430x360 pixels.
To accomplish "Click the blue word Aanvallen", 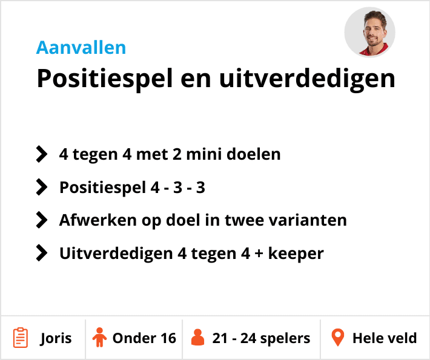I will (81, 47).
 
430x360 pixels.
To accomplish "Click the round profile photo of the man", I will (369, 32).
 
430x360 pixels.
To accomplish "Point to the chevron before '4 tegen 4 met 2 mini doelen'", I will (41, 154).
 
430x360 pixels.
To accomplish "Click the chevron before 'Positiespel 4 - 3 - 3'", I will (41, 188).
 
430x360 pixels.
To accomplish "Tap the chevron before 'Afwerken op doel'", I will (41, 220).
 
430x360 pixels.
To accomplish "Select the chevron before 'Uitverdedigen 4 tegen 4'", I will (41, 253).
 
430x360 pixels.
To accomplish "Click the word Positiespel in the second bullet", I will (102, 188).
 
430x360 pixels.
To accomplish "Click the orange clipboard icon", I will (21, 338).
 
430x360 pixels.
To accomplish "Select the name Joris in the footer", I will (56, 338).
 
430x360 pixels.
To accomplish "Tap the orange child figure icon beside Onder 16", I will (99, 338).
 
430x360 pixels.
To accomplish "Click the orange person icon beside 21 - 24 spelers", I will (197, 338).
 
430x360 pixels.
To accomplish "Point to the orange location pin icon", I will (337, 338).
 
